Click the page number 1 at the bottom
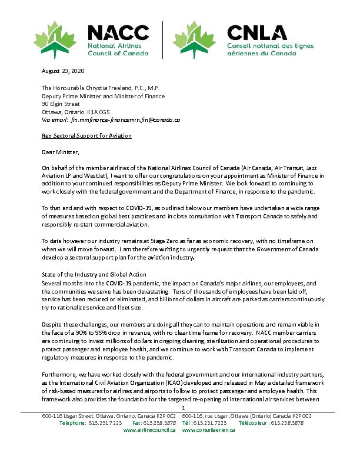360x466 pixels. point(184,408)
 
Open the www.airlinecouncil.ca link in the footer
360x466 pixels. point(149,430)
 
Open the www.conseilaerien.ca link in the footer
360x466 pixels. point(209,430)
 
